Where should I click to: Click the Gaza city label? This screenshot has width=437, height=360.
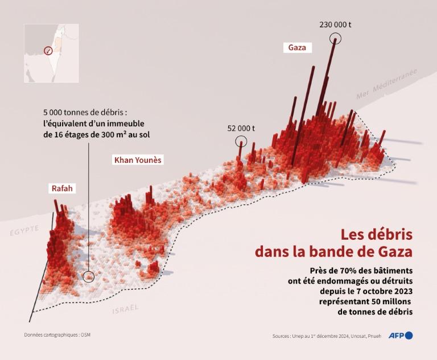coord(297,48)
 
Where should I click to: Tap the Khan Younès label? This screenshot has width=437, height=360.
coord(138,160)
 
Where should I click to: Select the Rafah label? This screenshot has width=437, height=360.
coord(62,189)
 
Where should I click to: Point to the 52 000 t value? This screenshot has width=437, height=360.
coord(241,128)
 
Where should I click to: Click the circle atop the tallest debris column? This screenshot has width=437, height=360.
coord(336,38)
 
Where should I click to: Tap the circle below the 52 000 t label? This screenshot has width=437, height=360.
coord(242,141)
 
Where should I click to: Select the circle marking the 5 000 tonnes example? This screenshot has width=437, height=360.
coord(88,277)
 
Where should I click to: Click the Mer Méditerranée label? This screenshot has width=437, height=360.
coord(386,84)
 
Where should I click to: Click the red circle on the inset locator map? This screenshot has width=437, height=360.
coord(48,51)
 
